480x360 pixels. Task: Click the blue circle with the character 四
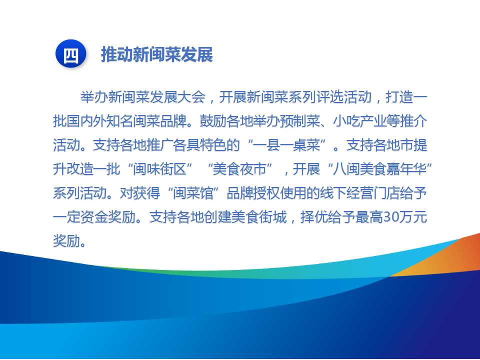[71, 54]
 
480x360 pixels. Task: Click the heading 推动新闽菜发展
[156, 55]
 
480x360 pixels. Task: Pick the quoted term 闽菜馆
[193, 193]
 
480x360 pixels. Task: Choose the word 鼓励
[213, 121]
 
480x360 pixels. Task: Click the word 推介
[413, 121]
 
